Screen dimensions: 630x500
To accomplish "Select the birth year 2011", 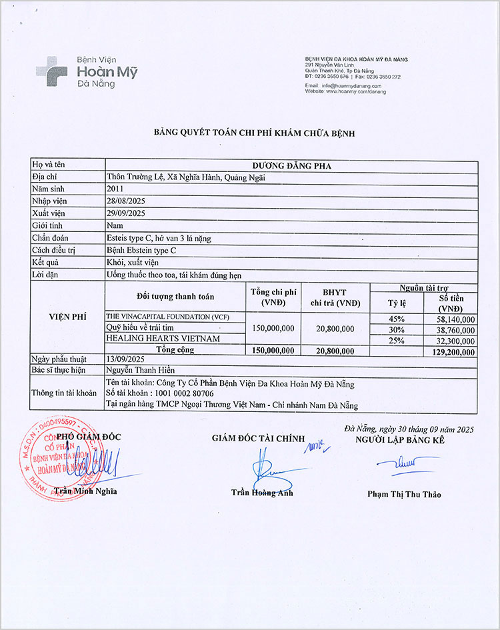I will point(115,189).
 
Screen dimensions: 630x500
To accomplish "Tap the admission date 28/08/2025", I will point(126,201).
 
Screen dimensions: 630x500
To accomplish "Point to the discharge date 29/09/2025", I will point(126,213).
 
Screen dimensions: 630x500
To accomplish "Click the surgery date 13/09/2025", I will point(126,358).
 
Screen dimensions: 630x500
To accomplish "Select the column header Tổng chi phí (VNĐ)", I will point(273,297).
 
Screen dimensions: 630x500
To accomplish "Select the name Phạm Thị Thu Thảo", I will point(404,494).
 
